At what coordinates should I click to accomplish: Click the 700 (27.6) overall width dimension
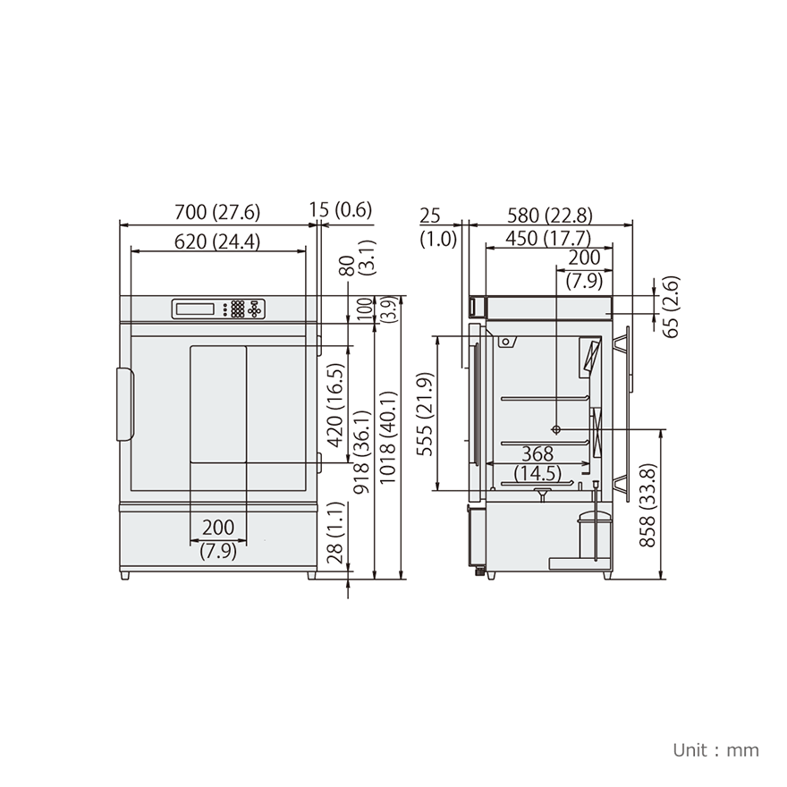coord(216,212)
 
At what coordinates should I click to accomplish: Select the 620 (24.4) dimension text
coord(216,241)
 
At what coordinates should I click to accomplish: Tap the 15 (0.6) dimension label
coord(340,210)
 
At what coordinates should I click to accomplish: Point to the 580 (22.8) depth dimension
coord(548,216)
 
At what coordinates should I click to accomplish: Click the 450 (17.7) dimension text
coord(548,238)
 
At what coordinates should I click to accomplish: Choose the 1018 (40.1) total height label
coord(388,437)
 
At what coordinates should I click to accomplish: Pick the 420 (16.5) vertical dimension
coord(335,405)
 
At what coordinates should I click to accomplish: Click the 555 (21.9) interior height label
coord(427,414)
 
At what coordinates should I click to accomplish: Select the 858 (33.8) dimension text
coord(649,504)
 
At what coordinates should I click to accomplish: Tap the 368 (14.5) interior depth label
coord(537,463)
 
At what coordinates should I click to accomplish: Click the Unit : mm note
coord(715,749)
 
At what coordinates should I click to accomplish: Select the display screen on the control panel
coord(196,309)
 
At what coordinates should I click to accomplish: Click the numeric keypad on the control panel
coord(238,309)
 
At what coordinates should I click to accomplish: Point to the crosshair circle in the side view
coord(556,428)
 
